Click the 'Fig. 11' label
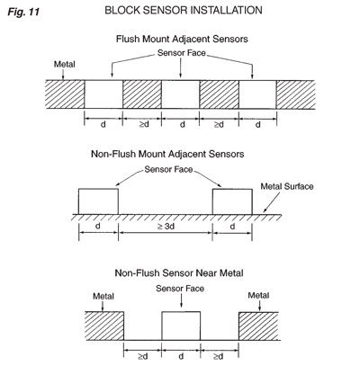[23, 12]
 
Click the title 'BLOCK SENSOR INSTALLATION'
[184, 10]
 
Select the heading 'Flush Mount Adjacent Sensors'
[182, 39]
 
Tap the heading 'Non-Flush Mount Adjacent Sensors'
[167, 154]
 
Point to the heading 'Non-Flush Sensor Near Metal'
[179, 273]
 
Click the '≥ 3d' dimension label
[166, 227]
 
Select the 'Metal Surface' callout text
[287, 186]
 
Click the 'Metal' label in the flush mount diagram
[65, 64]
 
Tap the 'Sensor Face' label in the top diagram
[182, 53]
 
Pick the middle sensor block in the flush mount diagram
[181, 94]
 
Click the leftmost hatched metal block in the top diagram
[65, 94]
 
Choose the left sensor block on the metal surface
[98, 201]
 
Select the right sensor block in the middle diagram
[232, 201]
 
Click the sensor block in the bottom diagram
[181, 326]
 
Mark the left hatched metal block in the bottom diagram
[104, 326]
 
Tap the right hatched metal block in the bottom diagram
[258, 326]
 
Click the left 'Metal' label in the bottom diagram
[103, 296]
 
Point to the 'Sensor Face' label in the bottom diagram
[180, 289]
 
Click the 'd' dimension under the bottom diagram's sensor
[181, 356]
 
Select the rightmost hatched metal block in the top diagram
[295, 94]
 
